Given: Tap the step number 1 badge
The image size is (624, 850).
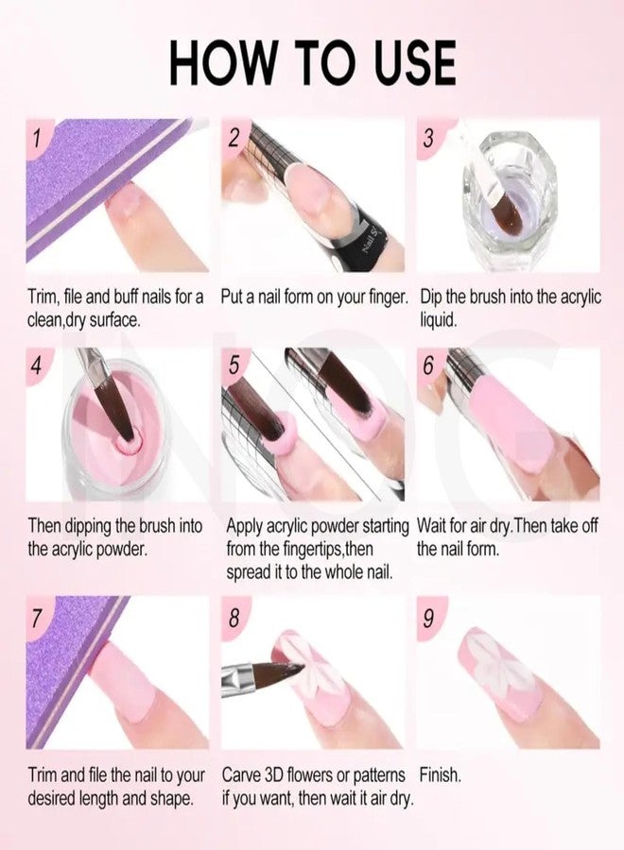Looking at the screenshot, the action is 37,137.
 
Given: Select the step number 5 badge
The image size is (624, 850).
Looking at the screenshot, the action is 234,365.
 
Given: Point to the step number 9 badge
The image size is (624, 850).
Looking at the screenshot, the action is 428,617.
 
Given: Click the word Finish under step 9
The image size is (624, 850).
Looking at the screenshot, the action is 440,774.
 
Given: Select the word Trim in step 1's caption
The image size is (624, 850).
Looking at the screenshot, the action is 42,297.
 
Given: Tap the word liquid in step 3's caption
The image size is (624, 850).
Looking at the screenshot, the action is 439,320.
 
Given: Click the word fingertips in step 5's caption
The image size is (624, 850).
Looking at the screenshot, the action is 313,549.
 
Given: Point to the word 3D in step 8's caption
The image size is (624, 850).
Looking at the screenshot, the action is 273,775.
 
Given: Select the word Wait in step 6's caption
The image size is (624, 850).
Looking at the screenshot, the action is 432,526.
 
